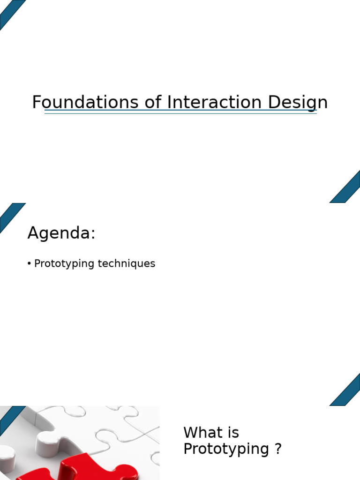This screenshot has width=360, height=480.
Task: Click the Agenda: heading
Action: [61, 233]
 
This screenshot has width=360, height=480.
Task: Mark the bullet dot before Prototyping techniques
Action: [30, 264]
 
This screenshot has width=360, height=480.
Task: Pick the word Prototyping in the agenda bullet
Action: [65, 264]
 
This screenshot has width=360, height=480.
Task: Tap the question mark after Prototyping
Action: [277, 449]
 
